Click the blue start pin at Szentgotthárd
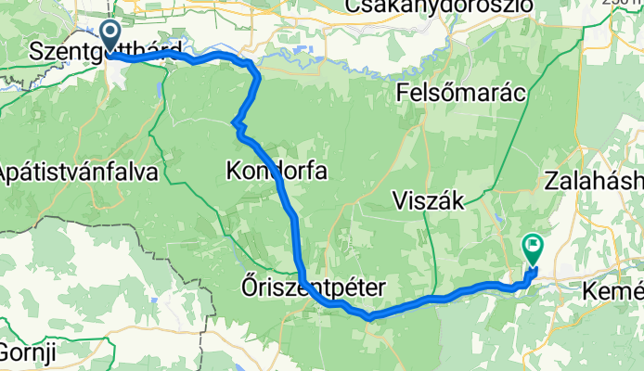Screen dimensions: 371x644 [x=109, y=35]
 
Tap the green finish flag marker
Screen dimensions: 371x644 [x=533, y=247]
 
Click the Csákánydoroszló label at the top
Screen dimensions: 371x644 [x=439, y=7]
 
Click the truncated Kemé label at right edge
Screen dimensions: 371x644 [x=612, y=293]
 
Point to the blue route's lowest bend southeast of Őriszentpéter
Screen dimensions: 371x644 [x=369, y=317]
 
